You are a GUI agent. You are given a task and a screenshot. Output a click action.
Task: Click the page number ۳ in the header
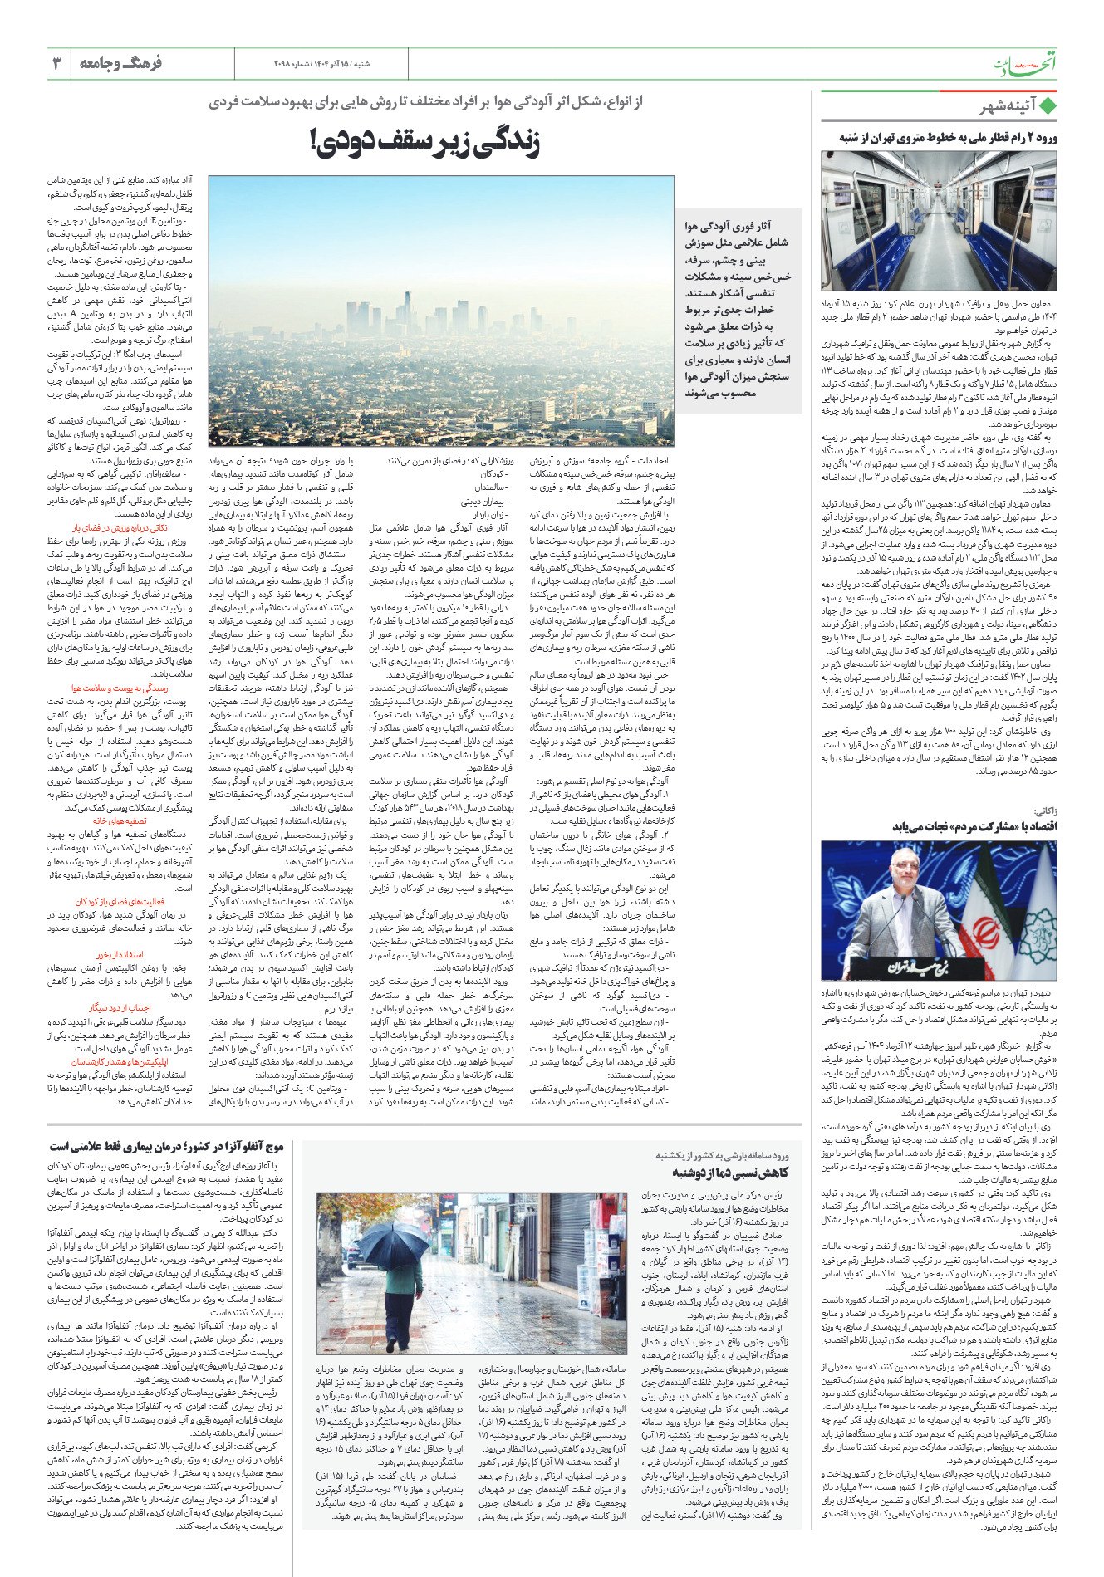(x=56, y=64)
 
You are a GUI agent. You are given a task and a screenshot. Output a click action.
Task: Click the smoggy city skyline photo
(x=441, y=311)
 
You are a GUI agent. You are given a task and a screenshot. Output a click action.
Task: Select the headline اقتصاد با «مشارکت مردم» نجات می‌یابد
(x=974, y=826)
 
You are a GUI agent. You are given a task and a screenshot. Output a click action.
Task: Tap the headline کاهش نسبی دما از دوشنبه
(x=729, y=1172)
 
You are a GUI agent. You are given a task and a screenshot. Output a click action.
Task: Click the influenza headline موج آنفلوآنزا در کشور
(x=167, y=1146)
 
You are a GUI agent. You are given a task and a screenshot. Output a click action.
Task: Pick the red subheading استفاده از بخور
(x=119, y=955)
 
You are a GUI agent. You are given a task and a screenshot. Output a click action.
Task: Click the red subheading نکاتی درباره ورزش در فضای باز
(x=120, y=528)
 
